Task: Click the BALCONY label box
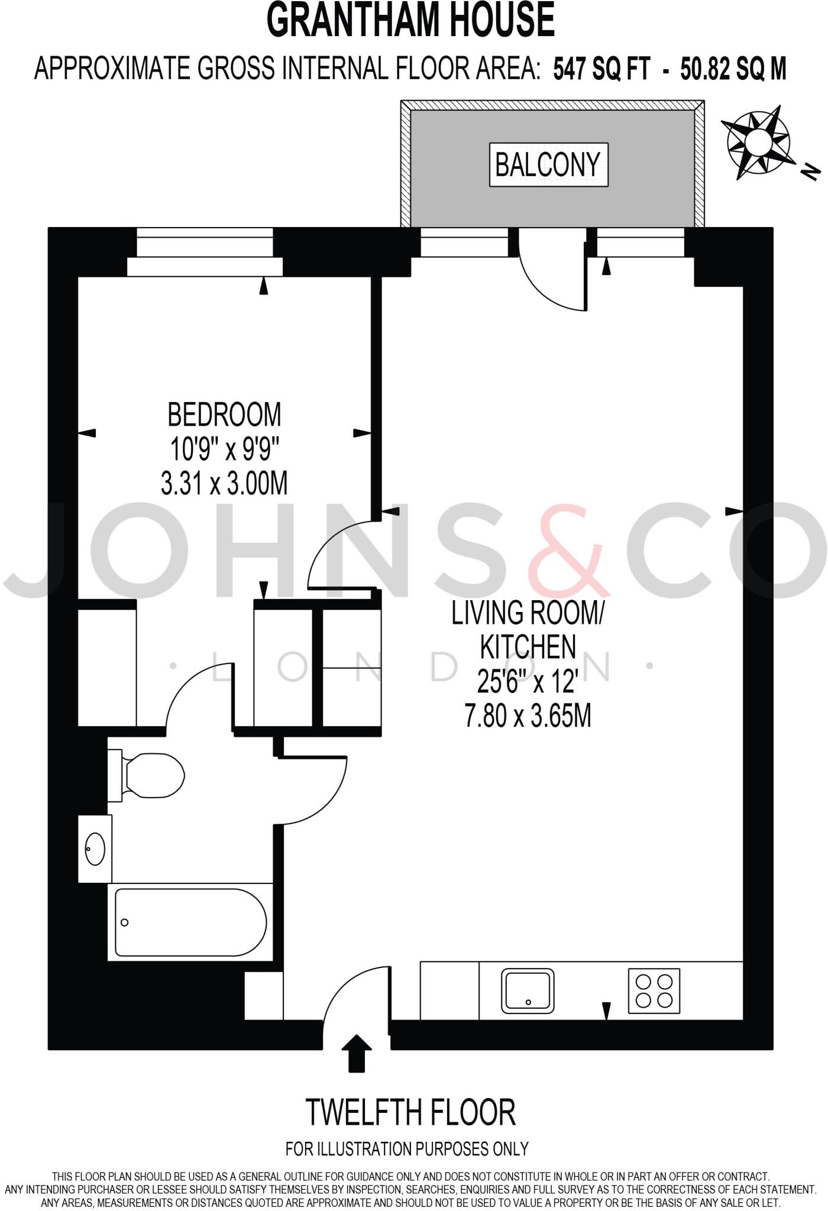pyautogui.click(x=548, y=164)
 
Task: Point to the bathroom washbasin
pyautogui.click(x=95, y=849)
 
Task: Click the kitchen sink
pyautogui.click(x=528, y=990)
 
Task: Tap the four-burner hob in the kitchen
pyautogui.click(x=654, y=990)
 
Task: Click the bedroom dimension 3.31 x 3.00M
pyautogui.click(x=224, y=483)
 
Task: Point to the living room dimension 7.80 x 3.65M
pyautogui.click(x=528, y=716)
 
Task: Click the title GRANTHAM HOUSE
pyautogui.click(x=410, y=20)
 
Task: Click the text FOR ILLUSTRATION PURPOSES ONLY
pyautogui.click(x=407, y=1149)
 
